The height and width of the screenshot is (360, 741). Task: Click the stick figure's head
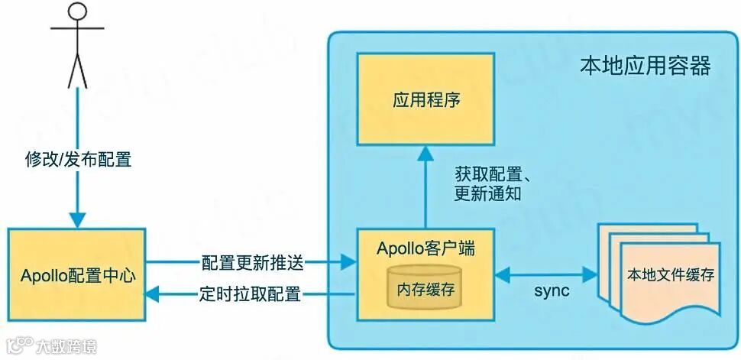[76, 13]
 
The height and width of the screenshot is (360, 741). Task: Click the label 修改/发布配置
[78, 160]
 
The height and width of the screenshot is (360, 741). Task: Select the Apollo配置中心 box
[77, 274]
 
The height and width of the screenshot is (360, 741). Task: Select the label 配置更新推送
[253, 263]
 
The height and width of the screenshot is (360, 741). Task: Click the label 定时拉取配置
[253, 293]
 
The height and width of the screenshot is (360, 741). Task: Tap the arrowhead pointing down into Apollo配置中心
[78, 219]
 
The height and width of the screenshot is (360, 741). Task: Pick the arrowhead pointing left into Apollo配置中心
[154, 293]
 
